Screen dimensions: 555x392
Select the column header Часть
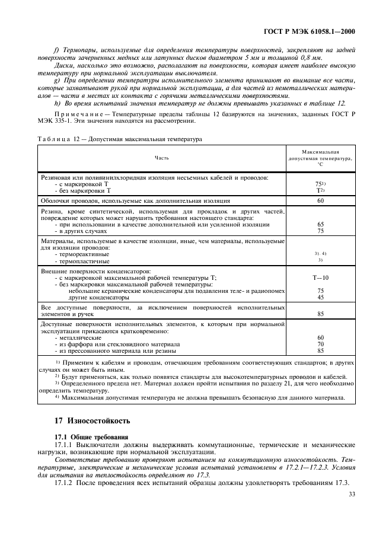point(162,158)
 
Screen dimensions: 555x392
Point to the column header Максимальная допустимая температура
point(320,158)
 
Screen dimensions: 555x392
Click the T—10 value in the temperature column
point(320,277)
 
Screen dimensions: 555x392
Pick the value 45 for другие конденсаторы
point(320,297)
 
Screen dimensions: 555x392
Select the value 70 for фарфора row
point(320,344)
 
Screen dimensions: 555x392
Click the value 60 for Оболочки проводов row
point(320,201)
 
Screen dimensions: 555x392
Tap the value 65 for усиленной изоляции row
point(320,225)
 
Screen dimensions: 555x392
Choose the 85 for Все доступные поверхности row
point(320,314)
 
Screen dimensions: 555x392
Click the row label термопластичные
point(83,260)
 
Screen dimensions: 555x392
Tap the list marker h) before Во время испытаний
point(56,103)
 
